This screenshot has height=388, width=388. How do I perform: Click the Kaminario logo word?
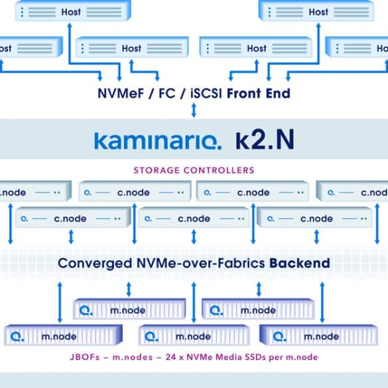(x=158, y=141)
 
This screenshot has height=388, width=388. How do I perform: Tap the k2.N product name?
(x=265, y=140)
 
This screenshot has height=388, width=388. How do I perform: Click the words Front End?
(x=259, y=94)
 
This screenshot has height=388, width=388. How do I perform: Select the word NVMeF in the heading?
(x=121, y=94)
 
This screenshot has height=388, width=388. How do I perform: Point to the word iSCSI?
(x=206, y=94)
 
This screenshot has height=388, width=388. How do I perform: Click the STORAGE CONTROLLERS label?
(x=194, y=170)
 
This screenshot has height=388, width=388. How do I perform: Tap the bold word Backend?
(x=300, y=263)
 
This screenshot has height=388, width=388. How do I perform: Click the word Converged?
(x=95, y=263)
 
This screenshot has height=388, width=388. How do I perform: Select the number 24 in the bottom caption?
(x=171, y=357)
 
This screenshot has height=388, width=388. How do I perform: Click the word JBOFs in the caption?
(x=85, y=357)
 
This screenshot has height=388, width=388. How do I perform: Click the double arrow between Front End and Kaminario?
(x=194, y=110)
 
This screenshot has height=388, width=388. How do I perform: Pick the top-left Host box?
(x=73, y=11)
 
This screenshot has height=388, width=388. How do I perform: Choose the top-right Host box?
(x=316, y=11)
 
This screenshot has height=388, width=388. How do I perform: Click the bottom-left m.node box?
(x=64, y=336)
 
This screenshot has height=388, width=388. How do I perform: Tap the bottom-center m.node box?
(x=194, y=336)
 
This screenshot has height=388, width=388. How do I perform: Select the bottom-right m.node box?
(x=319, y=336)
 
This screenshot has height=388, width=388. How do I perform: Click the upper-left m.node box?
(x=129, y=309)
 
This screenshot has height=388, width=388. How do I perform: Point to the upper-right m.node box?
(x=259, y=309)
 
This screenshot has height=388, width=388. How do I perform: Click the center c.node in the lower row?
(x=194, y=218)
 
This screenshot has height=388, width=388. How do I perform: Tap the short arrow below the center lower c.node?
(x=194, y=237)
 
